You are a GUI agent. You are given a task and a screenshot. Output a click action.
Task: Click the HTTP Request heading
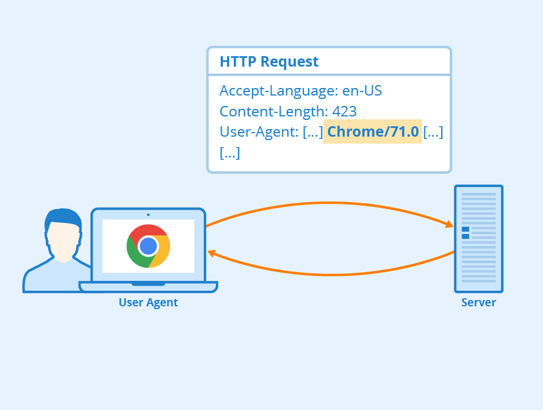pyautogui.click(x=269, y=62)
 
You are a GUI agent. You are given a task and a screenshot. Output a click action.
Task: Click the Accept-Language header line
pyautogui.click(x=300, y=91)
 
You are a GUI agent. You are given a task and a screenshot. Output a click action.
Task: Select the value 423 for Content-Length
pyautogui.click(x=344, y=111)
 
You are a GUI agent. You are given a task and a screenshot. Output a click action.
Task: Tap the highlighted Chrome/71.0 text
pyautogui.click(x=372, y=132)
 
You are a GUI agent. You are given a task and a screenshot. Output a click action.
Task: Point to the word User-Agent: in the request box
pyautogui.click(x=259, y=132)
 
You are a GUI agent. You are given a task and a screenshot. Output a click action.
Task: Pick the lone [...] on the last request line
pyautogui.click(x=230, y=153)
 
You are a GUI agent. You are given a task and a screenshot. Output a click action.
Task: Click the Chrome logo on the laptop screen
pyautogui.click(x=148, y=246)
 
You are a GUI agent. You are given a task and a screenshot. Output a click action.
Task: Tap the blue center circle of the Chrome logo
pyautogui.click(x=148, y=246)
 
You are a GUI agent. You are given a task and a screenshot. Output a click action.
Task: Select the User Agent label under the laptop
pyautogui.click(x=148, y=302)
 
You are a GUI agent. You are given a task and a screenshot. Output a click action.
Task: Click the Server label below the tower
pyautogui.click(x=478, y=302)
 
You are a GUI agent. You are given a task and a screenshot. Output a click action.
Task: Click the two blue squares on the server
pyautogui.click(x=465, y=233)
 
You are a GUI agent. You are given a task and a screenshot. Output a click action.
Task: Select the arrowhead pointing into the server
pyautogui.click(x=448, y=225)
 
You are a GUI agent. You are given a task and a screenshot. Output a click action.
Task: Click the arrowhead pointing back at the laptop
pyautogui.click(x=212, y=253)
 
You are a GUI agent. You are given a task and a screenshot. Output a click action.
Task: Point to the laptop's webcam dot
pyautogui.click(x=148, y=215)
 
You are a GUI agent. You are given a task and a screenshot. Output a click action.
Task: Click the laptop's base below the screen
pyautogui.click(x=148, y=286)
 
